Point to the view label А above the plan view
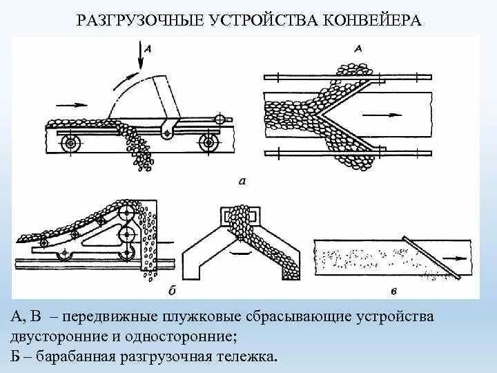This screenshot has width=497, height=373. (x=358, y=48)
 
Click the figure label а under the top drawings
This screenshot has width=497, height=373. (x=241, y=182)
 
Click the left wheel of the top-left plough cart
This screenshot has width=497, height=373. (x=70, y=143)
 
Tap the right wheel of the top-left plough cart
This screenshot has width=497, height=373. (x=207, y=143)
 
